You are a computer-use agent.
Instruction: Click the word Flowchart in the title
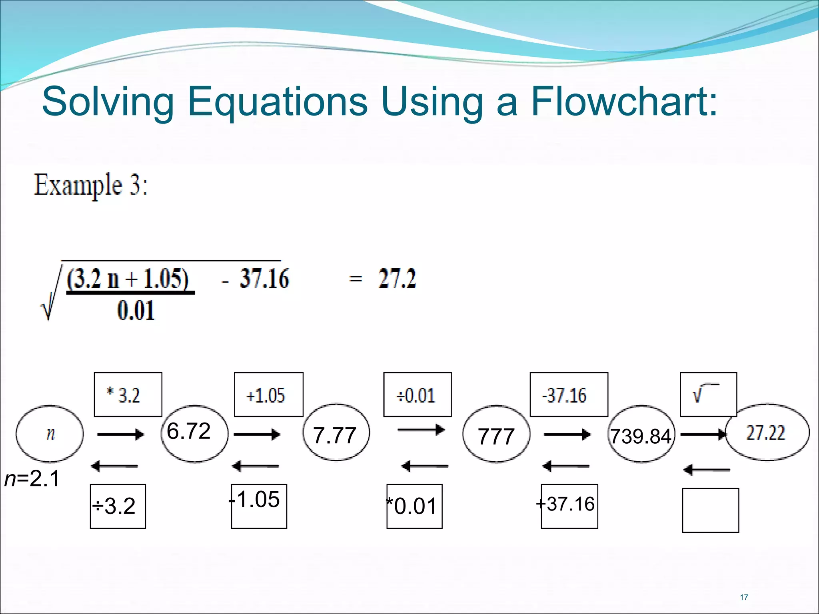coord(624,102)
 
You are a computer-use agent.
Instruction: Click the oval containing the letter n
coord(50,434)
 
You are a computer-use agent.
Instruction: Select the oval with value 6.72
coord(194,433)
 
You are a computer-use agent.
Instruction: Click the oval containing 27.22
coord(767,433)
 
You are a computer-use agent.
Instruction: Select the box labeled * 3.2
coord(128,395)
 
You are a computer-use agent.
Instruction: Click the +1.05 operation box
coord(268,395)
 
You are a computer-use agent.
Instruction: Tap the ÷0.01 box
coord(417,395)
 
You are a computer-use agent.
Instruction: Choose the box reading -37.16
coord(569,395)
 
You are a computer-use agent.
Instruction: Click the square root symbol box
coord(708,395)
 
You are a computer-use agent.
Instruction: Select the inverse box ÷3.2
coord(118,506)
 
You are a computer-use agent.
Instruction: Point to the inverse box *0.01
coord(414,506)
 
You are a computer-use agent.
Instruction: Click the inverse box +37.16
coord(569,506)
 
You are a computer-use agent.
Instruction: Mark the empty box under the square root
coord(710,510)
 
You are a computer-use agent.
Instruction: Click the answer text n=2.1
coord(32,478)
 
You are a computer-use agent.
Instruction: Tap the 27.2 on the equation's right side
coord(397,279)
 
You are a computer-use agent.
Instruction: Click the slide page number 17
coord(744,597)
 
